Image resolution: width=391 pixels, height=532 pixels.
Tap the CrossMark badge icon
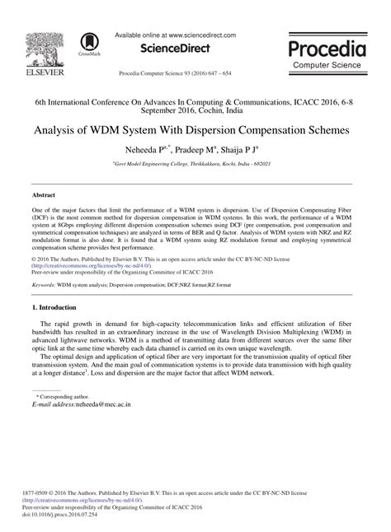[88, 43]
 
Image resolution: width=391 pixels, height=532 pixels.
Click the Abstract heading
[44, 196]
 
